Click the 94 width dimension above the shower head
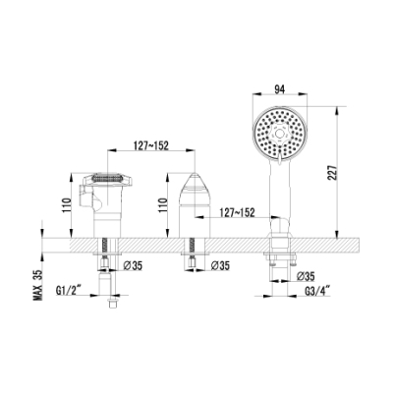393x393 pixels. (x=279, y=89)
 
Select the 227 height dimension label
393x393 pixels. (x=332, y=172)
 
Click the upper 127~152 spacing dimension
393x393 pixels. (x=150, y=145)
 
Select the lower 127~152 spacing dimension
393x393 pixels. (x=237, y=212)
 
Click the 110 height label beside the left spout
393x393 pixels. (x=66, y=205)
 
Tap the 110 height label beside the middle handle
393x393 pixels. (x=163, y=205)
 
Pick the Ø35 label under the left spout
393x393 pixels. (x=133, y=265)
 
